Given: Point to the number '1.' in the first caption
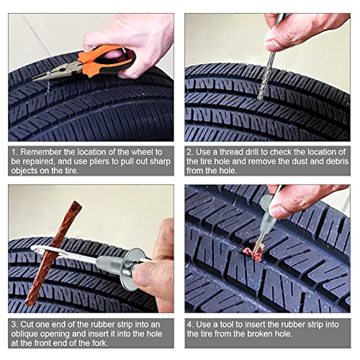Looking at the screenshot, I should pos(15,152).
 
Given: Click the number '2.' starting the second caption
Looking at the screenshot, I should pos(191,152).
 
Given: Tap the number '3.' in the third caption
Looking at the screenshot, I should pos(15,323).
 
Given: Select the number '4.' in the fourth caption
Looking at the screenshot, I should pos(191,323).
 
